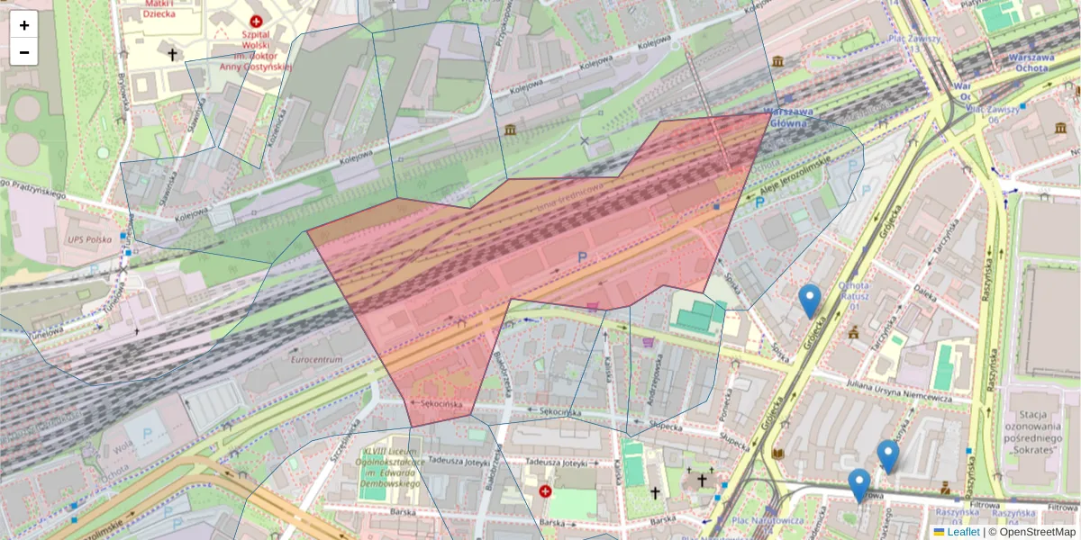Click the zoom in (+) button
click(24, 24)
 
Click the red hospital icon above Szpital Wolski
click(257, 21)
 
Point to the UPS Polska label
click(88, 240)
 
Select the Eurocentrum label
click(316, 360)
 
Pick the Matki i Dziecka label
click(159, 9)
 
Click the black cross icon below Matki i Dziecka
click(172, 55)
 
